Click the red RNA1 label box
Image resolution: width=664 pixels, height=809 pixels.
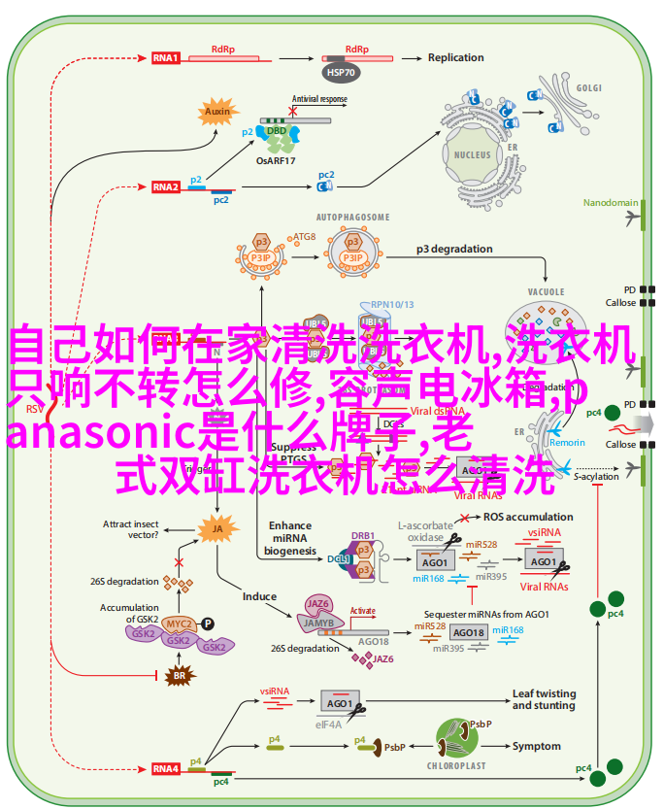pyautogui.click(x=165, y=58)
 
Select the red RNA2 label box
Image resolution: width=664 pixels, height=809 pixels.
pyautogui.click(x=165, y=186)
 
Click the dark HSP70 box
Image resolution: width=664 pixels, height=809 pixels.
pyautogui.click(x=341, y=71)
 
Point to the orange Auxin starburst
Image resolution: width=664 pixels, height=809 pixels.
pyautogui.click(x=218, y=112)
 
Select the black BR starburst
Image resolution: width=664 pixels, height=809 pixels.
pyautogui.click(x=178, y=675)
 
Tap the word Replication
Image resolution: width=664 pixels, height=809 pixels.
pyautogui.click(x=455, y=57)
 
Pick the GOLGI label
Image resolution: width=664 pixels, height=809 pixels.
pyautogui.click(x=589, y=86)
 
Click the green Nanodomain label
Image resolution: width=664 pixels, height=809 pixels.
pyautogui.click(x=611, y=203)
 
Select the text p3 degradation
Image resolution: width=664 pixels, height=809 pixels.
pyautogui.click(x=454, y=249)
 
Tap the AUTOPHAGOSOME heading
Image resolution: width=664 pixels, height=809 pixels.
pyautogui.click(x=352, y=217)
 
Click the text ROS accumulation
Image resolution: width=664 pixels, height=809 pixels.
pyautogui.click(x=528, y=517)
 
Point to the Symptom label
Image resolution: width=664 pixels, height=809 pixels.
pyautogui.click(x=537, y=746)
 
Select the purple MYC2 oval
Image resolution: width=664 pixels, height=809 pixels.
pyautogui.click(x=178, y=623)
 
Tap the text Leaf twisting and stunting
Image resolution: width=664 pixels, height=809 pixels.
pyautogui.click(x=544, y=699)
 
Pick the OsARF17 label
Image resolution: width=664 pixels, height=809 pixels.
pyautogui.click(x=277, y=159)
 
